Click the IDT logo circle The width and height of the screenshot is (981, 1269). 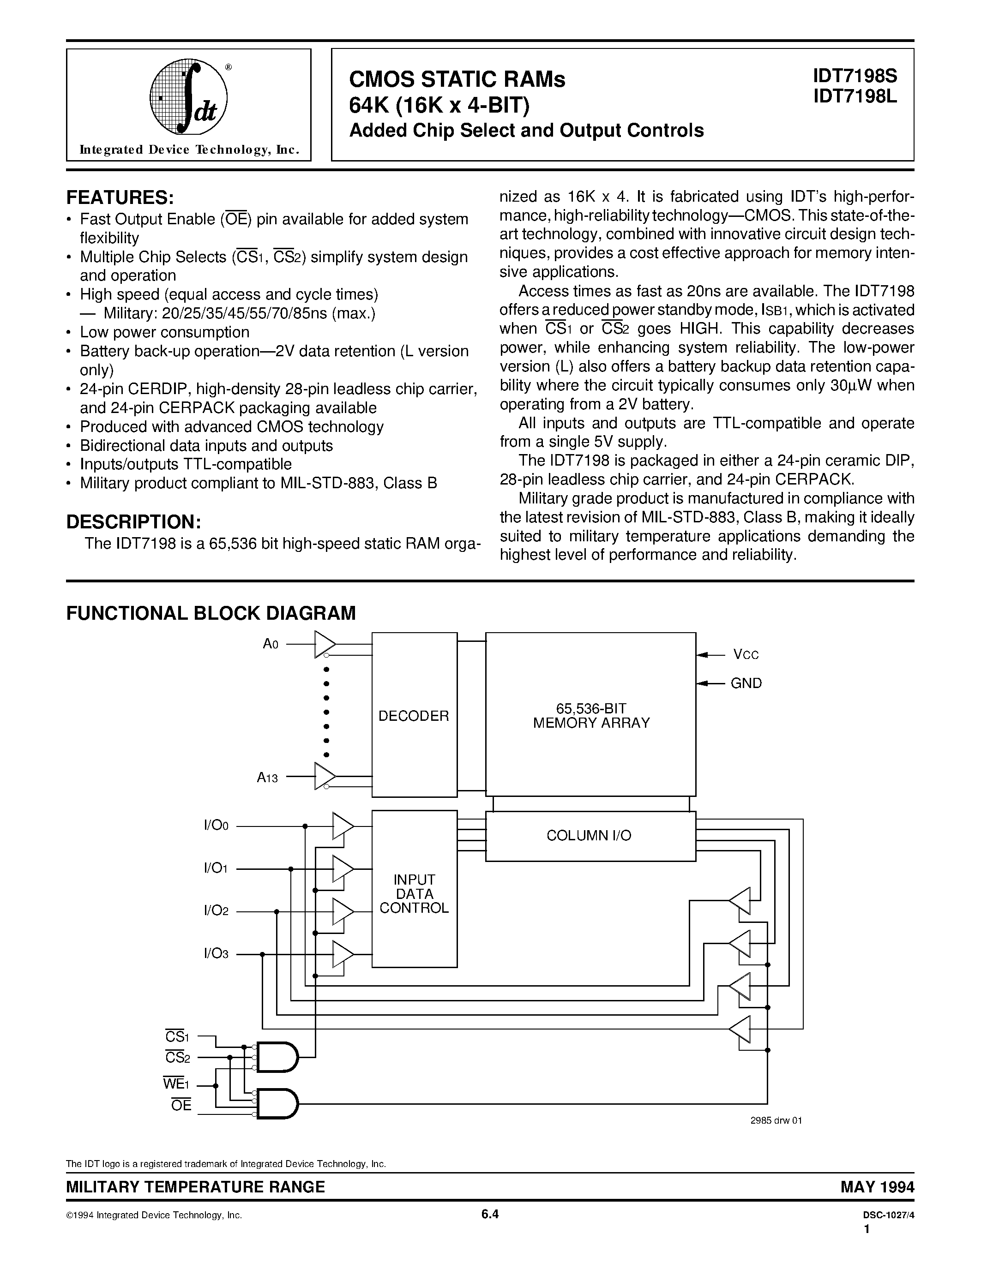point(188,96)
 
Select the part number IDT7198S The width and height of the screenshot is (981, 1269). point(855,76)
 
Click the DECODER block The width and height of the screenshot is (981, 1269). point(414,716)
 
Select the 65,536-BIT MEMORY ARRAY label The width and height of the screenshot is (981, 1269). point(591,716)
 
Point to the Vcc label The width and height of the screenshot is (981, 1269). point(746,655)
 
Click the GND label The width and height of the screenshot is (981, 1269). point(746,683)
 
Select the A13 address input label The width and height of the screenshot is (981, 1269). point(267,778)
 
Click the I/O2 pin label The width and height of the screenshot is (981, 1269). point(216,910)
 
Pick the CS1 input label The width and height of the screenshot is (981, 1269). point(177,1036)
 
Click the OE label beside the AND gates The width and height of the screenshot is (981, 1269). point(181,1105)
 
